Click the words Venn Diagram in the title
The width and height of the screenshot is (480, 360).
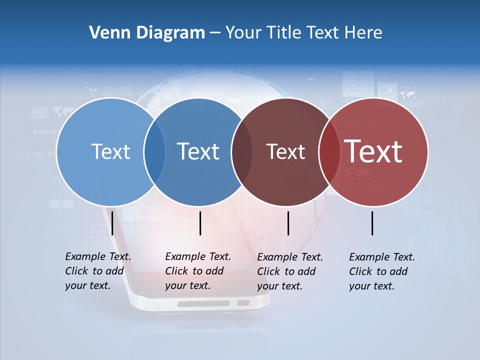(x=147, y=33)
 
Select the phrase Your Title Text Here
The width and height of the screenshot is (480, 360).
(x=303, y=33)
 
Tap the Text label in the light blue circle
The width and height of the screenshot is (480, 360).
(x=110, y=151)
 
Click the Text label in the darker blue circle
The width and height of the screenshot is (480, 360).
(x=198, y=151)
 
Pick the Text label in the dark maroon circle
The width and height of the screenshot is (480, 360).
(x=285, y=151)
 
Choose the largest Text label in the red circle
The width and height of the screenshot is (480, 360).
(x=373, y=151)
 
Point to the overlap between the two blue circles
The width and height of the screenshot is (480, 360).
(x=154, y=151)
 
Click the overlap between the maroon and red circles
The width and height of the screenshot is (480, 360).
(x=329, y=151)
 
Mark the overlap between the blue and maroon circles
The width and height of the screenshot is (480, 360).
(x=241, y=151)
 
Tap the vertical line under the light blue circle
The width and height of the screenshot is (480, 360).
(x=112, y=223)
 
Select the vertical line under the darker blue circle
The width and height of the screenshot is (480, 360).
(x=200, y=223)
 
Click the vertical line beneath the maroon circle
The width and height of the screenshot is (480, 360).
(x=288, y=223)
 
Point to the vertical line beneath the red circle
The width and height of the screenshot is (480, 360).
(x=372, y=223)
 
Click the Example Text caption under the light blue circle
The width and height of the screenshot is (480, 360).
(x=98, y=271)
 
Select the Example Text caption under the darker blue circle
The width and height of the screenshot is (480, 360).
(x=198, y=271)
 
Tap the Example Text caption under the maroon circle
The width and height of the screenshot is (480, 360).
(x=290, y=271)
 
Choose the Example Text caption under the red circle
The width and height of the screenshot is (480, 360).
(x=382, y=271)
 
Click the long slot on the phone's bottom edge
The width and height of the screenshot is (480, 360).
(x=203, y=303)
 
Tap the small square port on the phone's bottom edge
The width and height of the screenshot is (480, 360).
(x=243, y=303)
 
